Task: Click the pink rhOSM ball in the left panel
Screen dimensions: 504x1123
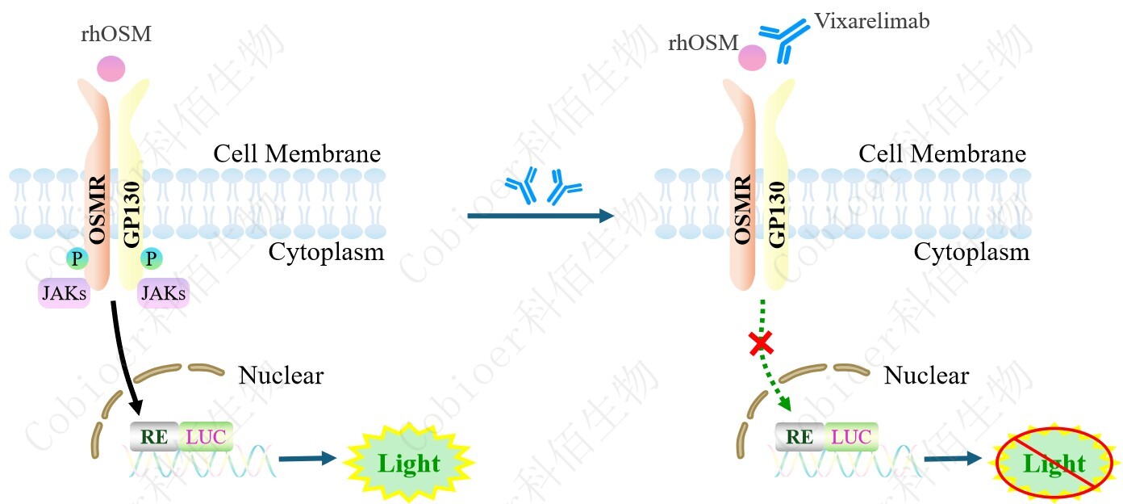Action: tap(111, 68)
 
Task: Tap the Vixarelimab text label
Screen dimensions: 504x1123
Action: tap(871, 21)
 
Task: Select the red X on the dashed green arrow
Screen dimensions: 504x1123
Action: tap(760, 345)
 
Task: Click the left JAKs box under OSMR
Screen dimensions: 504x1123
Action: tap(64, 293)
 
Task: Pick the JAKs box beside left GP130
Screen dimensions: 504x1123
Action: tap(164, 293)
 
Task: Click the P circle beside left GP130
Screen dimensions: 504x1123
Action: tap(151, 258)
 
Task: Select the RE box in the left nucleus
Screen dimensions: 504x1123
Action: tap(154, 437)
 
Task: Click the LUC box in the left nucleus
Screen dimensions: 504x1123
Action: tap(207, 437)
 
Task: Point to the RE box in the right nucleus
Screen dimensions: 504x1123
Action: tap(799, 437)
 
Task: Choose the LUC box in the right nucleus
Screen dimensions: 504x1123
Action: tap(852, 437)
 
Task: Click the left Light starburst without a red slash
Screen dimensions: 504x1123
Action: tap(409, 463)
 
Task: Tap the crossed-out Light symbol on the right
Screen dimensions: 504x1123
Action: tap(1054, 464)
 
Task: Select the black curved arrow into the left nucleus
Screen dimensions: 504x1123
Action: tap(124, 355)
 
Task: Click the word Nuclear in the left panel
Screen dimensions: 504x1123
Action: tap(281, 376)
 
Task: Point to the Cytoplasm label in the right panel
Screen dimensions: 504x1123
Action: tap(971, 252)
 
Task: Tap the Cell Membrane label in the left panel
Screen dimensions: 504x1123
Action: tap(297, 153)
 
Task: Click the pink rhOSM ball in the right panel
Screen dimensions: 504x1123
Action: tap(752, 57)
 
